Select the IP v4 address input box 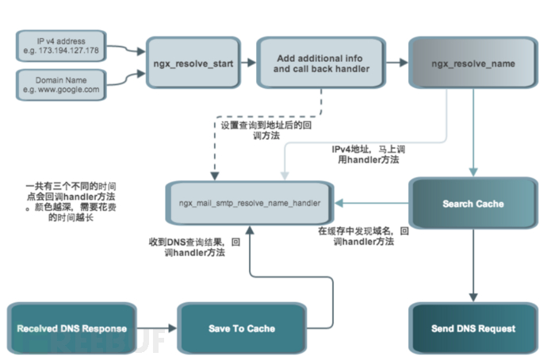click(61, 44)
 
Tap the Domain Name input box click(61, 85)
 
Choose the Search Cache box click(472, 204)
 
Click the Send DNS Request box click(472, 327)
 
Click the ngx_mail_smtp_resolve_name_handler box click(250, 203)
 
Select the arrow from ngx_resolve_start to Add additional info click(247, 63)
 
